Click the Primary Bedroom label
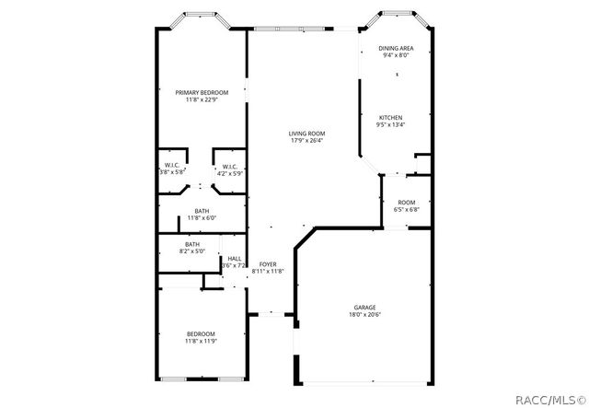click(x=201, y=91)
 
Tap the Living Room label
click(x=306, y=134)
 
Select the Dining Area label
click(x=396, y=48)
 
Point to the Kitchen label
click(x=391, y=118)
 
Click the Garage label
click(x=365, y=307)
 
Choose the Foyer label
click(x=268, y=264)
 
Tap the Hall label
click(x=234, y=259)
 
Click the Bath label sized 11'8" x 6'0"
click(x=201, y=212)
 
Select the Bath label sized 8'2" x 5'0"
click(x=191, y=244)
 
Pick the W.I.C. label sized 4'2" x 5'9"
click(x=230, y=166)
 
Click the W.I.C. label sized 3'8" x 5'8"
click(x=172, y=166)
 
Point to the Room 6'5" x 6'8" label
click(x=406, y=203)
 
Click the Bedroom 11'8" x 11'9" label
click(x=201, y=333)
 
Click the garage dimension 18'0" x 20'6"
click(x=365, y=315)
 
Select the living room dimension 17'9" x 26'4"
click(x=306, y=141)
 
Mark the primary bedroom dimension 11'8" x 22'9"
click(x=201, y=99)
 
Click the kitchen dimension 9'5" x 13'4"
click(x=391, y=125)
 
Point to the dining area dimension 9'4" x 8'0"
click(x=396, y=55)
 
